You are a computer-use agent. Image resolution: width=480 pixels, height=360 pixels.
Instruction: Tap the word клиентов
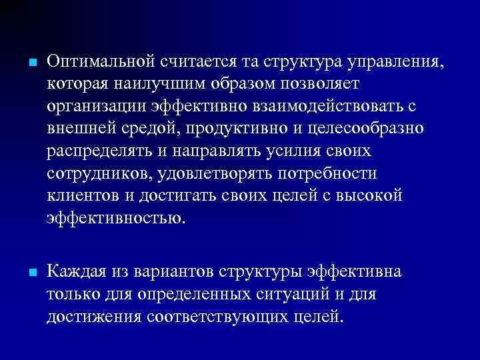81,195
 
